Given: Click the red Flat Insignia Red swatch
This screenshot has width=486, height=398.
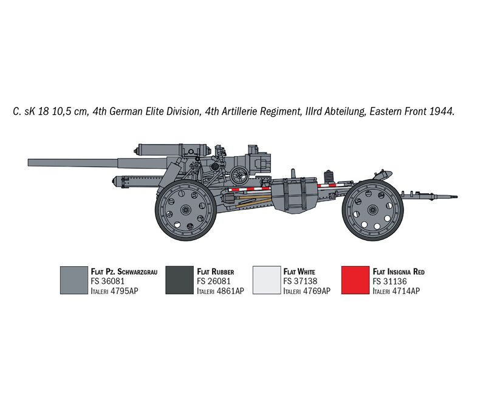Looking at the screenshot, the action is (355, 280).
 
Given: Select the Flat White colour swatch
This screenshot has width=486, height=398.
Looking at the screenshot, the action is (267, 280).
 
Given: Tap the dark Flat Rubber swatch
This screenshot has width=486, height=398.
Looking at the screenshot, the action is (179, 280).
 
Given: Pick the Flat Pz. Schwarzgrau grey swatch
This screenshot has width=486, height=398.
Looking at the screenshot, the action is (74, 280).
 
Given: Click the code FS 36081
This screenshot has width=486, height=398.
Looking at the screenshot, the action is (108, 281).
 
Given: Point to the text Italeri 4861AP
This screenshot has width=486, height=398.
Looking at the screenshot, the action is (221, 290).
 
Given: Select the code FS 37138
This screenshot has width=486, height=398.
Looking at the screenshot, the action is (300, 281).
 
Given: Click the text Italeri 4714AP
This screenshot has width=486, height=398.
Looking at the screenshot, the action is (397, 290).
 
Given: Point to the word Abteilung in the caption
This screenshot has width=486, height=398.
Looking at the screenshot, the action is (344, 112).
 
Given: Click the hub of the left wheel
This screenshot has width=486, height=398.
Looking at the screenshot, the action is (185, 210).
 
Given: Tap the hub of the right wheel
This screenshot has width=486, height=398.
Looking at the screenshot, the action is (372, 210).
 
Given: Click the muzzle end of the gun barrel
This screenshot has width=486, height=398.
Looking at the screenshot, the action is (29, 163).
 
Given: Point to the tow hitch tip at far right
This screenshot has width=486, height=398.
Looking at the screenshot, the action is (456, 196).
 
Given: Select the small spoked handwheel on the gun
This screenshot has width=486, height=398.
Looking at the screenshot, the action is (239, 175).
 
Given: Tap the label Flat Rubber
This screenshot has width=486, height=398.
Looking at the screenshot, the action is (216, 272).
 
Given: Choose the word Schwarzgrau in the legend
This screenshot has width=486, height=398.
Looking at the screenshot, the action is (137, 272).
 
